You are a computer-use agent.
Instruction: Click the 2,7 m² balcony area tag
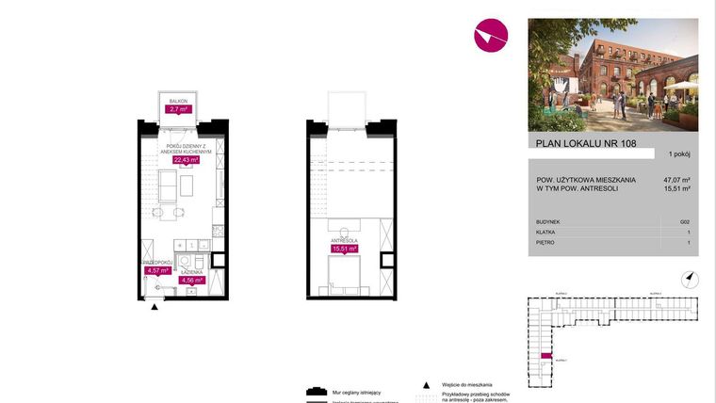point(179,109)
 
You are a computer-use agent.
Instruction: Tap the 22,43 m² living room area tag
point(186,160)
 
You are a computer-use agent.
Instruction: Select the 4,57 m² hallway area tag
point(156,271)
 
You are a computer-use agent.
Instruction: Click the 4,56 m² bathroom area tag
point(192,280)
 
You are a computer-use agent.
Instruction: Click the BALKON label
point(179,100)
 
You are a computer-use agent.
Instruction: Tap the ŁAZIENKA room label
point(193,271)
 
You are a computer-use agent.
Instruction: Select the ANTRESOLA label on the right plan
point(344,240)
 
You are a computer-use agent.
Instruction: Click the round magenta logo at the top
point(490,36)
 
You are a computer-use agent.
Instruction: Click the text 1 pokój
point(680,153)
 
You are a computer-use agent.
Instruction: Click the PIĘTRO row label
point(545,242)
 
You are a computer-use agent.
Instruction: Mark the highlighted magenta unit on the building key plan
point(545,355)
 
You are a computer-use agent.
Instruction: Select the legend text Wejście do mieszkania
point(466,385)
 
